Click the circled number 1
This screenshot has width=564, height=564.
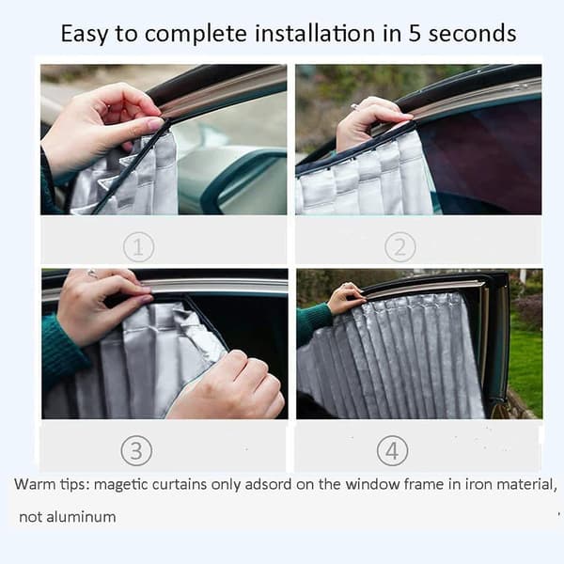[138, 247]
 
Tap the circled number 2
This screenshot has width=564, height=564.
[400, 247]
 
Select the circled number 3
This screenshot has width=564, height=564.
[136, 450]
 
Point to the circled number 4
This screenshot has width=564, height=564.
[392, 450]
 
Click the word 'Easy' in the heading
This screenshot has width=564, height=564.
[85, 34]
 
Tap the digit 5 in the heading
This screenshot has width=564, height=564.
[415, 34]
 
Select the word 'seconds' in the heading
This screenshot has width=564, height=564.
[472, 34]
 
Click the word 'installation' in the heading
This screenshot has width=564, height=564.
[315, 34]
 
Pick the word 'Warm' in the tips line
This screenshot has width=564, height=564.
[35, 484]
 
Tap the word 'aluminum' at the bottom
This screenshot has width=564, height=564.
[81, 517]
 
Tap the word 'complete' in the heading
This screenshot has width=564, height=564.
[196, 35]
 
